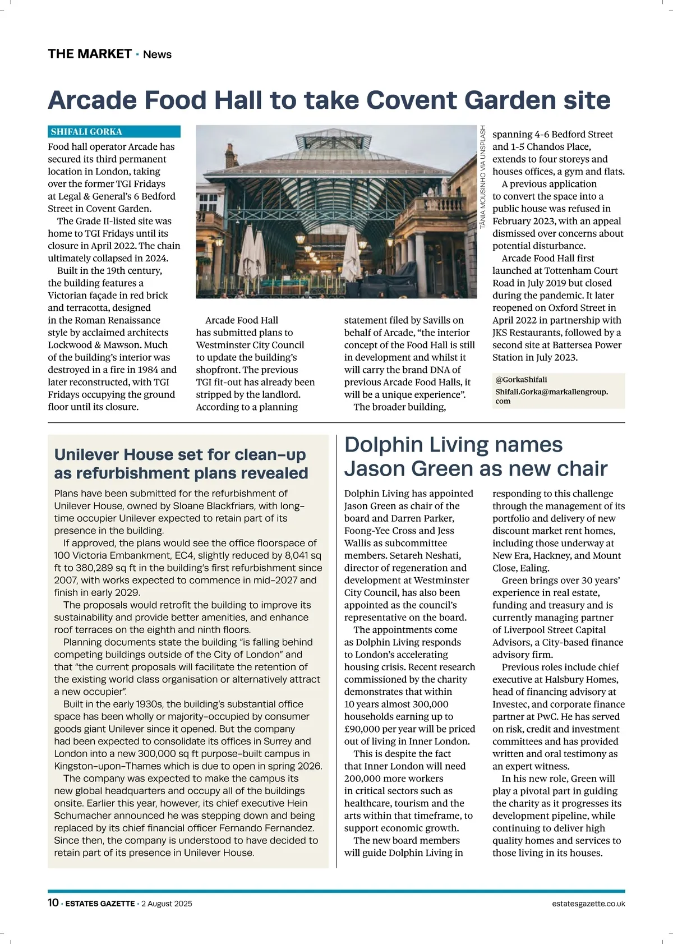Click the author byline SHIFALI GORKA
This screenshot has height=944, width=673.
pos(86,132)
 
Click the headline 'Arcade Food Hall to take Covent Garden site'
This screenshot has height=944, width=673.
pos(329,100)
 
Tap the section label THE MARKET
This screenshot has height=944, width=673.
pos(90,54)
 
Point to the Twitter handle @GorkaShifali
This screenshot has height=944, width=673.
pos(521,380)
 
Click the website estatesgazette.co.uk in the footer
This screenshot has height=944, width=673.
pos(588,904)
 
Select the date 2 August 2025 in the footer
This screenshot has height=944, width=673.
pos(167,904)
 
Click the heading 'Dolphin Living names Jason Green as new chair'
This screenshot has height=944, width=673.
pos(476,456)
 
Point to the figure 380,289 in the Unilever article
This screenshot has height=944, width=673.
pos(96,568)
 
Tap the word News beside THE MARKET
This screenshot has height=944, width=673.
pos(157,54)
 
